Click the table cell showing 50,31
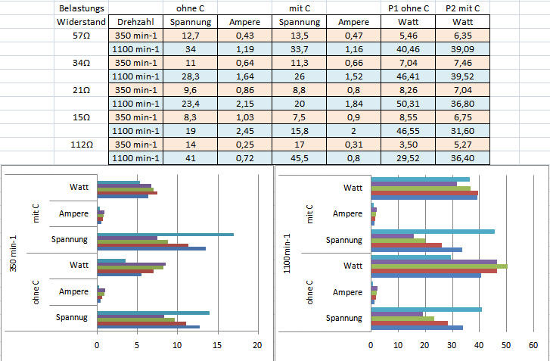click(407, 103)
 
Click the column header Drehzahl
click(136, 22)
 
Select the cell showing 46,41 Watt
click(407, 76)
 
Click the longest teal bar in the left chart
click(165, 234)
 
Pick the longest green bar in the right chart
click(439, 266)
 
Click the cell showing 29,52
click(407, 157)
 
